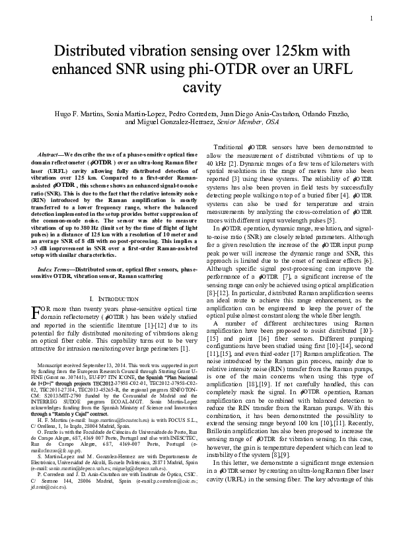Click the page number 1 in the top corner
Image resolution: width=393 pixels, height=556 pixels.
372,18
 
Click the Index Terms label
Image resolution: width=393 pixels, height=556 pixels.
55,270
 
